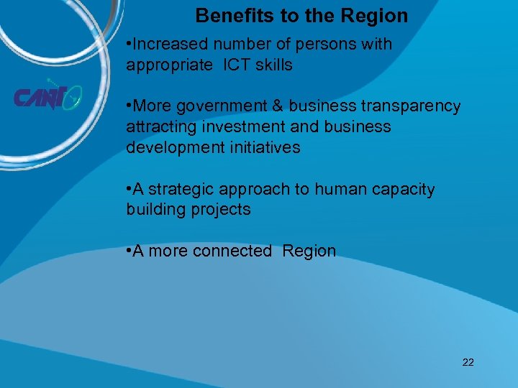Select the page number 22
468,362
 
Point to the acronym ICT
237,65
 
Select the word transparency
411,106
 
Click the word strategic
182,189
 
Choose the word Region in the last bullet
309,251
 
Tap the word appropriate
167,65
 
